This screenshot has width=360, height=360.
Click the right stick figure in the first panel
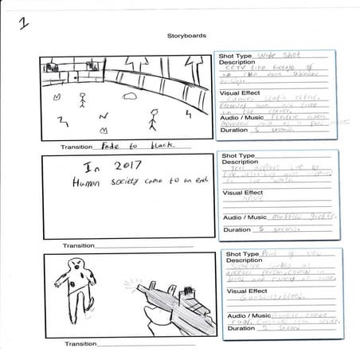[153, 119]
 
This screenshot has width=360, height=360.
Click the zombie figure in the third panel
[75, 283]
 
